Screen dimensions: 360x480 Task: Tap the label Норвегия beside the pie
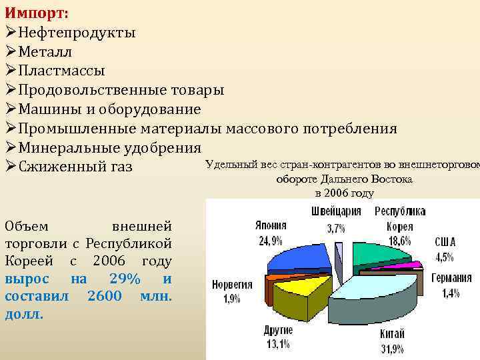(x=231, y=285)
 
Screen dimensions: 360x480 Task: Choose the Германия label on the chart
(x=452, y=279)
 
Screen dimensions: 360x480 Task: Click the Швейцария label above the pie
(x=337, y=212)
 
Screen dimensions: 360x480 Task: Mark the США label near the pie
(x=445, y=241)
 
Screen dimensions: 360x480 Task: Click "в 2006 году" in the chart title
(x=344, y=193)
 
